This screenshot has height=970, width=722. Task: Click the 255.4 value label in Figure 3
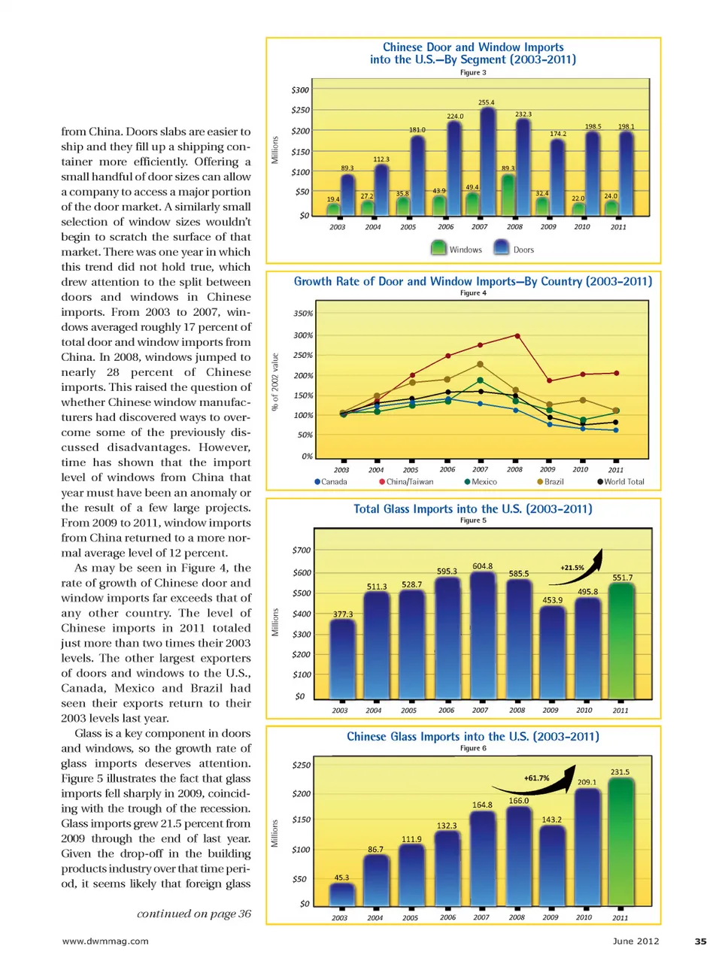(486, 102)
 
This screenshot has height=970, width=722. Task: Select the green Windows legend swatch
(438, 248)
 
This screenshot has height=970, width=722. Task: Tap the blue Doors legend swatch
(502, 248)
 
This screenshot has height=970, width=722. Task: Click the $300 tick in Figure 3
(300, 90)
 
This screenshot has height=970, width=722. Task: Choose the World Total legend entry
(620, 482)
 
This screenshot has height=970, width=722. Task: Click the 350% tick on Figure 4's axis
(303, 314)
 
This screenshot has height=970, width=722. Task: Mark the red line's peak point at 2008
(517, 335)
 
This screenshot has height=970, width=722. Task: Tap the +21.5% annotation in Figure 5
(572, 568)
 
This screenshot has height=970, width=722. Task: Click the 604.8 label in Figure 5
(482, 566)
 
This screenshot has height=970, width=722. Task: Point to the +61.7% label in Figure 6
(536, 778)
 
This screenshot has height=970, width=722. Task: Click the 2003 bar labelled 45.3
(341, 893)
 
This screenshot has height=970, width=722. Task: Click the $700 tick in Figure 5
(301, 550)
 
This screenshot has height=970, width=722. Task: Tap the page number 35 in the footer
(700, 941)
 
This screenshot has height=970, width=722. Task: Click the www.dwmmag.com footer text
(105, 941)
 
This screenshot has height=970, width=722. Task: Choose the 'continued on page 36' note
(194, 914)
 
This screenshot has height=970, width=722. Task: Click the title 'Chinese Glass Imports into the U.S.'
(472, 737)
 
